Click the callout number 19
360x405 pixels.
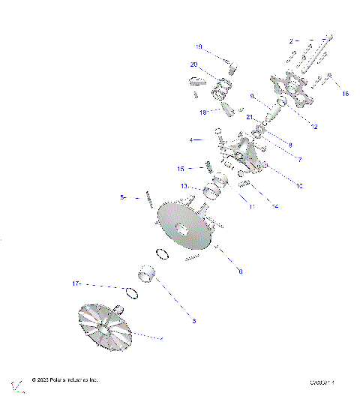pos(199,46)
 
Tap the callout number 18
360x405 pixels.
pos(202,112)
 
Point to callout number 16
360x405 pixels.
pos(346,94)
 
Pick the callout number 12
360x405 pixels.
pos(314,127)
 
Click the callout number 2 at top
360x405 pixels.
pos(292,39)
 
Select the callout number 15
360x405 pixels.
pos(181,168)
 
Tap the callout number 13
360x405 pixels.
pos(183,186)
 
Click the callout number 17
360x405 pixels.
pos(76,284)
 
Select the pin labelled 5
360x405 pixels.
pos(150,199)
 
